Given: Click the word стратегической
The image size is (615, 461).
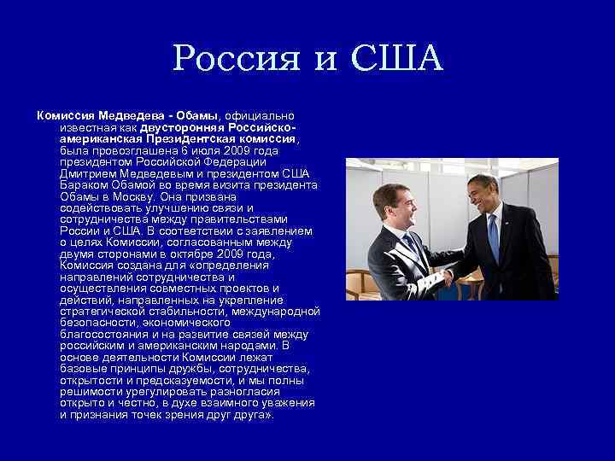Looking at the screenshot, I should pyautogui.click(x=104, y=312).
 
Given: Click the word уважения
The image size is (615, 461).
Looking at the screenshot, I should pyautogui.click(x=288, y=404).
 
